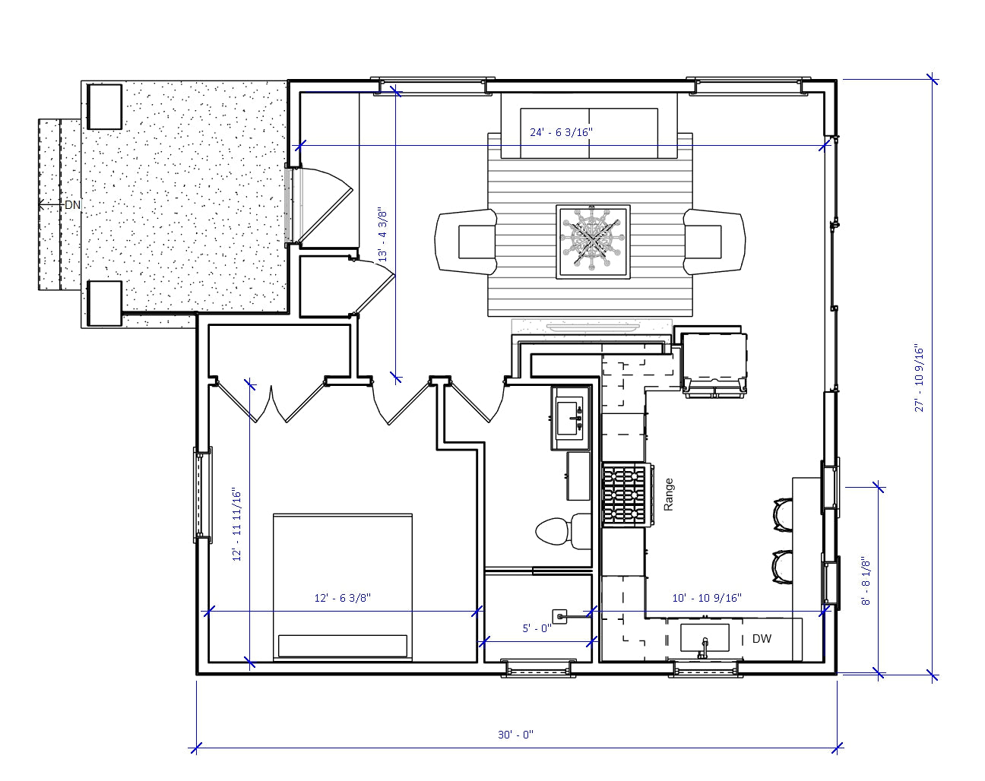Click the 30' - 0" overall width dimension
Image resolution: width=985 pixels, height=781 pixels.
click(516, 735)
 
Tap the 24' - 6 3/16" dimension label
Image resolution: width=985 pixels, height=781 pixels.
click(561, 132)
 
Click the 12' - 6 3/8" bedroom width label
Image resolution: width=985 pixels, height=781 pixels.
click(342, 598)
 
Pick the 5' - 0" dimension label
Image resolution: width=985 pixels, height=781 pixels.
click(537, 628)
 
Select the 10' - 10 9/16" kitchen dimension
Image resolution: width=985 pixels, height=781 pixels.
click(707, 598)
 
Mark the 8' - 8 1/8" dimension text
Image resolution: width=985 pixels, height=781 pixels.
click(865, 582)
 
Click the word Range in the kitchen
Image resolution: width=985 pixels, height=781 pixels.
click(669, 494)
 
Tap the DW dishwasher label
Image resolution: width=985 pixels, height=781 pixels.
click(762, 639)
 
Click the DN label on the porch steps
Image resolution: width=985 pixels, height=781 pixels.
click(72, 205)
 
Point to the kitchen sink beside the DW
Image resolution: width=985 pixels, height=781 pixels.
click(704, 639)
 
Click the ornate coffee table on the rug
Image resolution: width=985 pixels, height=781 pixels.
click(593, 242)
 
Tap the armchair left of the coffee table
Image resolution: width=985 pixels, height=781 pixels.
click(467, 242)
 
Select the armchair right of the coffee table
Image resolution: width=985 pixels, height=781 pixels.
click(714, 242)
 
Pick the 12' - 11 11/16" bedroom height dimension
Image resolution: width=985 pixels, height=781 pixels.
click(237, 524)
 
